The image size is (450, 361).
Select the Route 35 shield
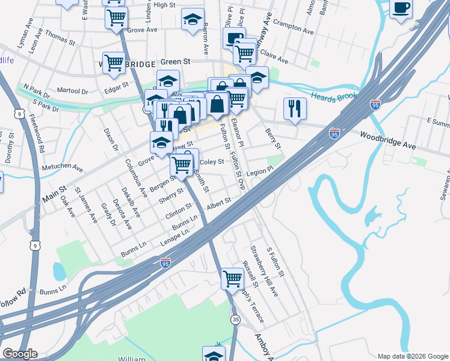[235, 319]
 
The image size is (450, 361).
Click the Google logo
[20, 354]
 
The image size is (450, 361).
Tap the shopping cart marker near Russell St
[232, 279]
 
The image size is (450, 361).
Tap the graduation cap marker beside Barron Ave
[193, 20]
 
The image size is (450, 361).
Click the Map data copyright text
[413, 356]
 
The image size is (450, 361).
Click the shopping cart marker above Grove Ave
[116, 17]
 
